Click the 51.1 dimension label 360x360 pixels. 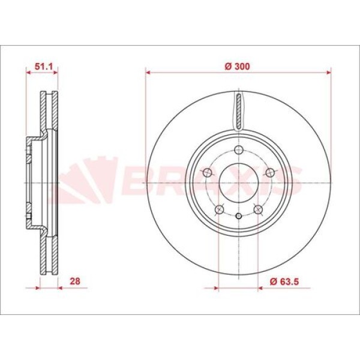44,67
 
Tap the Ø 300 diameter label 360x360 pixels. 237,67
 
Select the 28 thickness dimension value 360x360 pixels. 75,281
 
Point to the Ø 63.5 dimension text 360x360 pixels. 284,281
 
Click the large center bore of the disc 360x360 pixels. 239,183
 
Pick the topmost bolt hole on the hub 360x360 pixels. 239,150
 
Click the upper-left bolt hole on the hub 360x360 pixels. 208,172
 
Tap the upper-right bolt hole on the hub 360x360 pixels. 270,172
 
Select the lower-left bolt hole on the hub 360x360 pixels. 220,209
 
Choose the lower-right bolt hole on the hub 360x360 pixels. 258,209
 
